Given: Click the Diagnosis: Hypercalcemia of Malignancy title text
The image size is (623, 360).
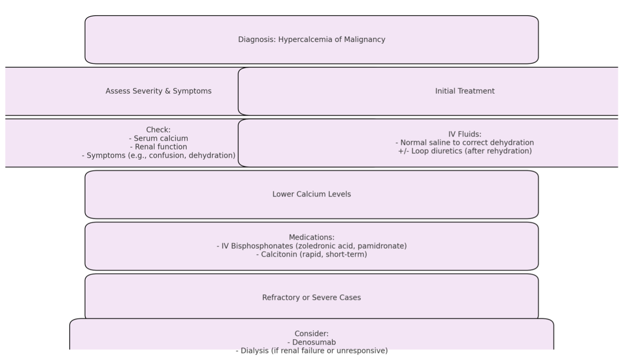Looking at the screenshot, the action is click(x=312, y=39).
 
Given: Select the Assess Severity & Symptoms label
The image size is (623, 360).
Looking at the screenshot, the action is click(x=159, y=91).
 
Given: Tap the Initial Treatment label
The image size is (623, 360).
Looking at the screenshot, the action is click(x=465, y=91).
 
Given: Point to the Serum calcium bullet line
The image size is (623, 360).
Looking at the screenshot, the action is click(x=159, y=138).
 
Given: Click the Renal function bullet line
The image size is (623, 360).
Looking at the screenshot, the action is click(x=159, y=146).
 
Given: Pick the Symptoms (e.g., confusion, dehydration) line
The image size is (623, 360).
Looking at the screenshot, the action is click(x=159, y=155).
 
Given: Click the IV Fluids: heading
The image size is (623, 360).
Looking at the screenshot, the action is click(x=465, y=134).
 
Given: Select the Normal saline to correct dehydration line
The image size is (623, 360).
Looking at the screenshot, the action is click(x=465, y=143).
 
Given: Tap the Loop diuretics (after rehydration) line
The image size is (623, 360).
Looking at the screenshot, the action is click(x=465, y=151).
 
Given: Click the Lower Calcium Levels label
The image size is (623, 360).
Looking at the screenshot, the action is click(x=312, y=194).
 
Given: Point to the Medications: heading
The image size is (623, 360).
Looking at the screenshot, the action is click(x=312, y=237).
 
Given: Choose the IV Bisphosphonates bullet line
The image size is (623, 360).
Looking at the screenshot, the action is click(x=312, y=246).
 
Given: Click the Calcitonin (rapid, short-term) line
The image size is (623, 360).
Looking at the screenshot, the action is click(x=312, y=254).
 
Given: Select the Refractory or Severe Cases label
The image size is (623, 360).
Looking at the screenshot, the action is click(x=312, y=297).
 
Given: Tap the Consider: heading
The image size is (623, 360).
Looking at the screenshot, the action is click(x=312, y=333).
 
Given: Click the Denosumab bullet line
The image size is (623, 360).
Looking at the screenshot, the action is click(x=312, y=342).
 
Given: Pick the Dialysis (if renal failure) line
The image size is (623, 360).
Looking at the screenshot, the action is click(x=312, y=351).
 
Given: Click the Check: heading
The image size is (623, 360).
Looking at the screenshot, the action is click(x=159, y=129).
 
